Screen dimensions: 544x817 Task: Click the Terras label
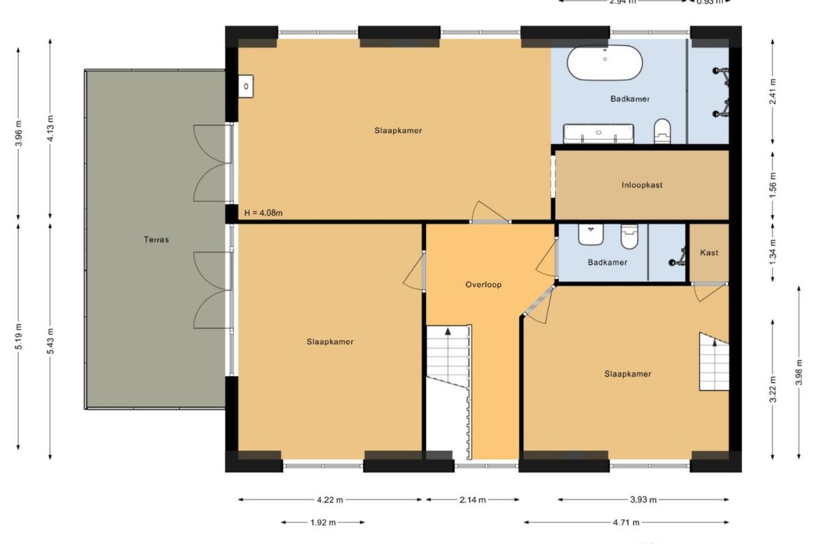click(155, 239)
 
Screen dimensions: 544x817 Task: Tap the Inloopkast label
click(642, 185)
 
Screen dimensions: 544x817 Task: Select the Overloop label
click(483, 284)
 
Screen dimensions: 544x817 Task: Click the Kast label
click(709, 252)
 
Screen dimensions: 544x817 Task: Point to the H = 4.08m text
click(263, 213)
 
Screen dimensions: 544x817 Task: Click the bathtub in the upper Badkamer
click(605, 63)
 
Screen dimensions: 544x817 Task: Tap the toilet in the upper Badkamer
click(662, 130)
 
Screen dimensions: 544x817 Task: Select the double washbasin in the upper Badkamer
click(598, 133)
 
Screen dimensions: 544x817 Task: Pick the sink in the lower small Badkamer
click(591, 234)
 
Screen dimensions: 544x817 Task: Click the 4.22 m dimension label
click(329, 499)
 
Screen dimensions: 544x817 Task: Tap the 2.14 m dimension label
click(473, 499)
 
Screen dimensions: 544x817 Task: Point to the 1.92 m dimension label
click(323, 522)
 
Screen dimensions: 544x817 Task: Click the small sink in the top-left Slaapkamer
click(246, 86)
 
